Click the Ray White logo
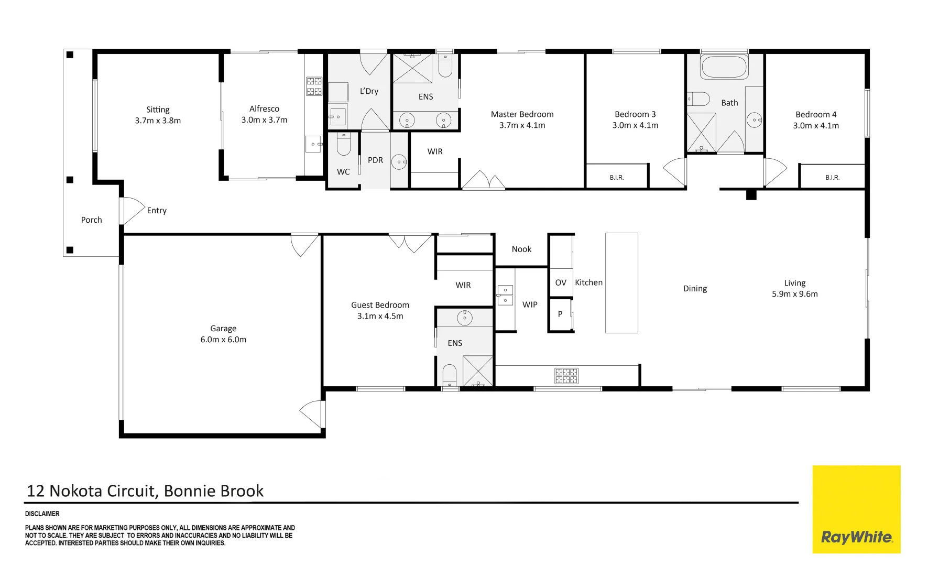856,509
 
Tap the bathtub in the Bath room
725,67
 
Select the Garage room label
223,329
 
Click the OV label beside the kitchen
561,282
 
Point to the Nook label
521,249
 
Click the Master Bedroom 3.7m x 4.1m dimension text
522,125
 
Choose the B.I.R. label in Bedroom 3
617,178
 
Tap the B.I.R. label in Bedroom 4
832,178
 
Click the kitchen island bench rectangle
621,283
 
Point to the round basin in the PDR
399,162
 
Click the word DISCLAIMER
42,514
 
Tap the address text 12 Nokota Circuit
92,491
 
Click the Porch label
91,220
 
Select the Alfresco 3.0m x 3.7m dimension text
264,120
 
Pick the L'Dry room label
369,91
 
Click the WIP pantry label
530,304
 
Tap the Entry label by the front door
157,211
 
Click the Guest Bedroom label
380,305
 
